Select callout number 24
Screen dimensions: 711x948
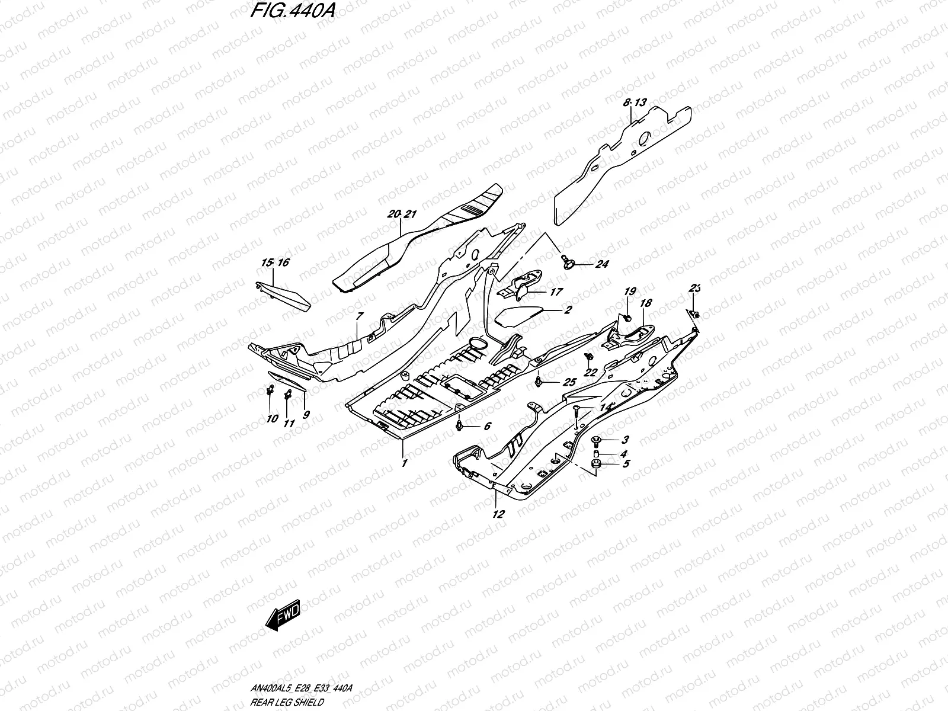tap(601, 264)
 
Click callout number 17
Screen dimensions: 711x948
tap(556, 292)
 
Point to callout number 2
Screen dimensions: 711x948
tap(567, 310)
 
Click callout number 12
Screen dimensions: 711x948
tap(498, 514)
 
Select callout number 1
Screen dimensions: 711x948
tap(404, 463)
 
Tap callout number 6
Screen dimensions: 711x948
tap(487, 426)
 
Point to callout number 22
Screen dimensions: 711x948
tap(590, 372)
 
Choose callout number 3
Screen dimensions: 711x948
tap(625, 440)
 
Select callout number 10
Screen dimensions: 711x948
tap(272, 418)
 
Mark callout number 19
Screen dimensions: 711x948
tap(629, 291)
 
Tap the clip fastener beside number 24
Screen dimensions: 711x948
tap(567, 260)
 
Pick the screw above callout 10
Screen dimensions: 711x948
tap(270, 391)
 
